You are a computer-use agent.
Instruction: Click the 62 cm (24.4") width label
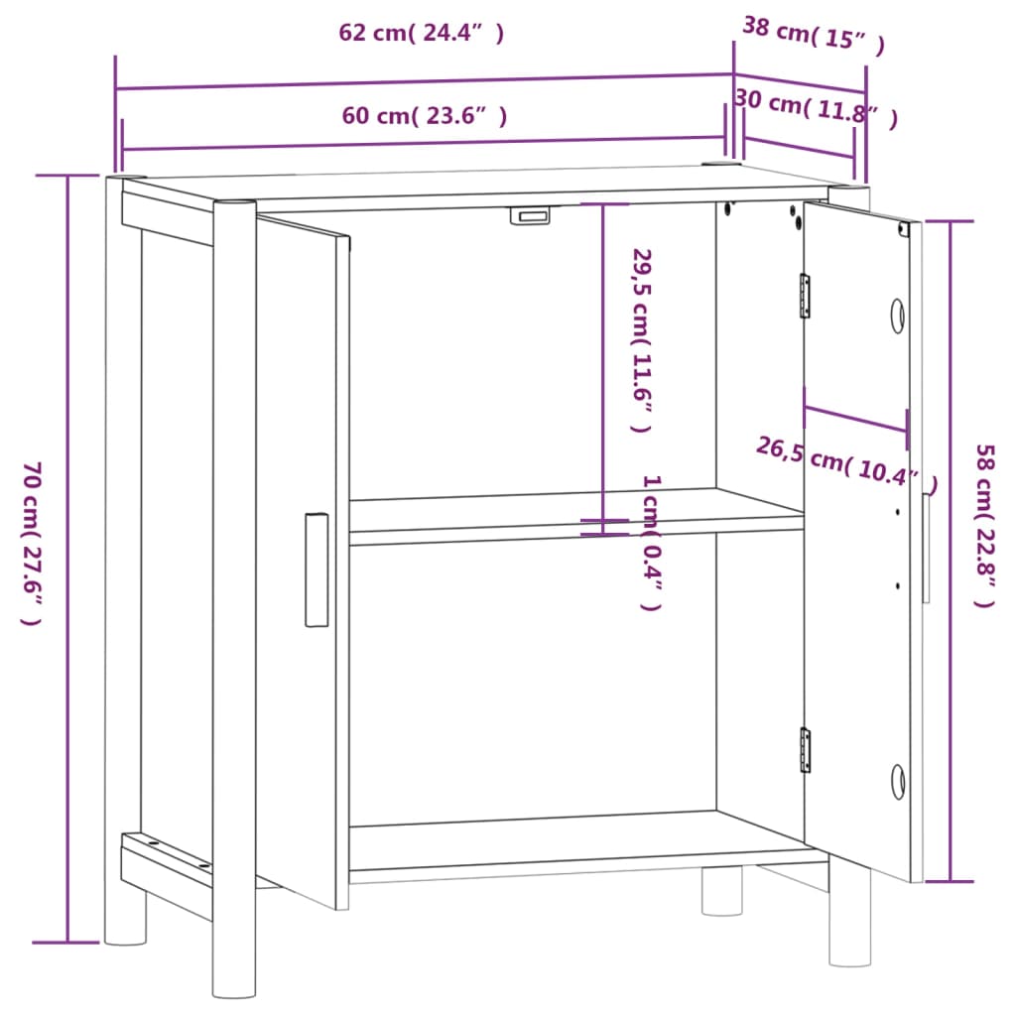[422, 34]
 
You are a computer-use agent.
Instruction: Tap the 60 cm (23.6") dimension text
[425, 116]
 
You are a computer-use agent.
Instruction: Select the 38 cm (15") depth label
[813, 35]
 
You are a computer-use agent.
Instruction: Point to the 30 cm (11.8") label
[816, 108]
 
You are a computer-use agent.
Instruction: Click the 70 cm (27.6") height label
[33, 543]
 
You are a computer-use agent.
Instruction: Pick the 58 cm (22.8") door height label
[983, 526]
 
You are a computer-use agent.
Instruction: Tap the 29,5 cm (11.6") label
[642, 339]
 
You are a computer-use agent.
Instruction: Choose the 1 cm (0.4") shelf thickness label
[651, 542]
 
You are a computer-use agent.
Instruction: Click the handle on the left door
[317, 570]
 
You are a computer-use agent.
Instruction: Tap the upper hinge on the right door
[806, 296]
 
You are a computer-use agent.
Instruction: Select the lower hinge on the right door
[806, 749]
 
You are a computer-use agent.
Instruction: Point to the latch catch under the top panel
[531, 215]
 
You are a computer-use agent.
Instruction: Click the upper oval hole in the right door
[897, 316]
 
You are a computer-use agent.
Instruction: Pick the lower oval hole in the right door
[897, 781]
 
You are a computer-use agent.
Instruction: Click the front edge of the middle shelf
[575, 537]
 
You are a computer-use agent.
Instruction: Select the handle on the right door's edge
[926, 548]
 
